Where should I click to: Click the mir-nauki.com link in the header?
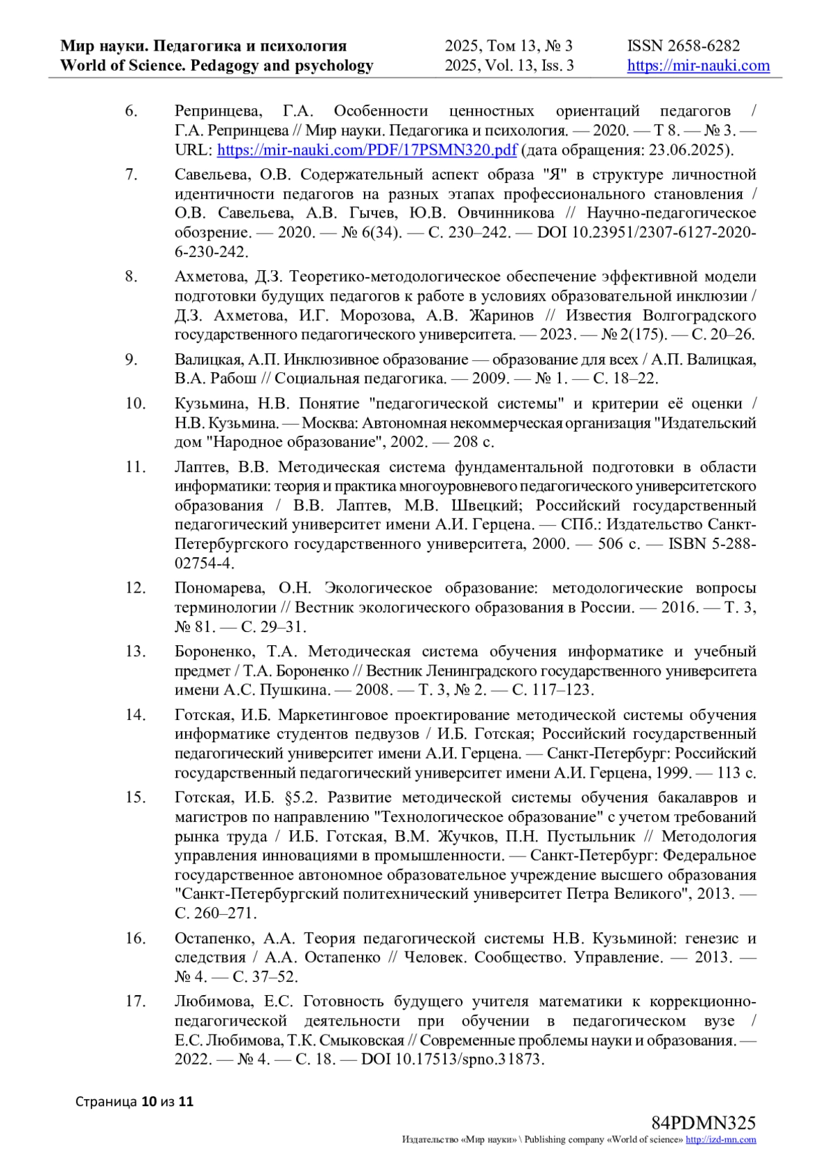pyautogui.click(x=698, y=66)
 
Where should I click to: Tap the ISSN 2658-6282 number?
pyautogui.click(x=684, y=46)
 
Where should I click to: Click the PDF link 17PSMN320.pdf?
pyautogui.click(x=367, y=150)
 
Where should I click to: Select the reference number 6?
pyautogui.click(x=131, y=111)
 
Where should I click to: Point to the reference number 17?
pyautogui.click(x=135, y=1001)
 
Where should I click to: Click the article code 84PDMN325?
pyautogui.click(x=703, y=1123)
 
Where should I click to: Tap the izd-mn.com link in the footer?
pyautogui.click(x=721, y=1140)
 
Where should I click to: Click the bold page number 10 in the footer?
pyautogui.click(x=148, y=1101)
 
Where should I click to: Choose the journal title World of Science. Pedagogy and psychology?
pyautogui.click(x=216, y=66)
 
